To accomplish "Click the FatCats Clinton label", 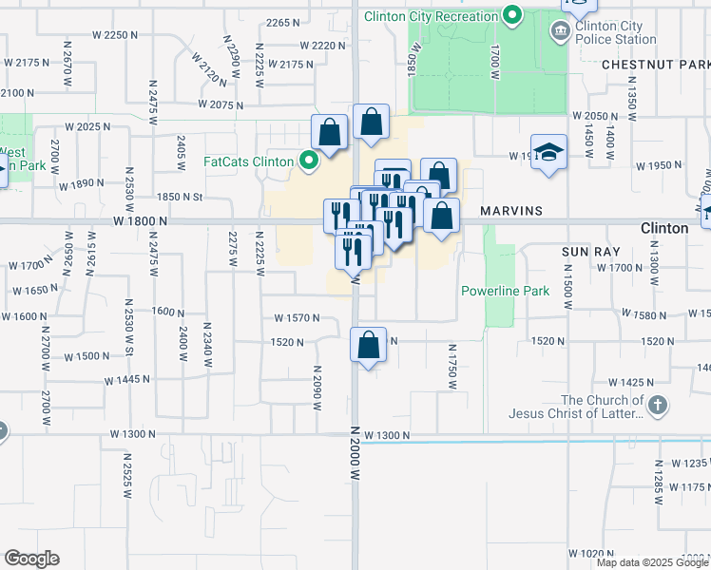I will point(248,161).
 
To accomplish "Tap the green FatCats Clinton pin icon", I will point(307,161).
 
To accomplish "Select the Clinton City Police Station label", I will point(615,32).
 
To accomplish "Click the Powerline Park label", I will point(505,291).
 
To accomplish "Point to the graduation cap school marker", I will point(548,154).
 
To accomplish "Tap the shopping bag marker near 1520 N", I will point(369,345).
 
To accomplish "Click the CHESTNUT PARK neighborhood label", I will point(656,65).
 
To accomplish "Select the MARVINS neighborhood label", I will point(510,210).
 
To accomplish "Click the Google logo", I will point(31,559).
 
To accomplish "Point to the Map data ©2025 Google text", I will point(651,562).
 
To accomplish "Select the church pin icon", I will point(658,407).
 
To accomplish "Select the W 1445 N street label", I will point(127,379).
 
